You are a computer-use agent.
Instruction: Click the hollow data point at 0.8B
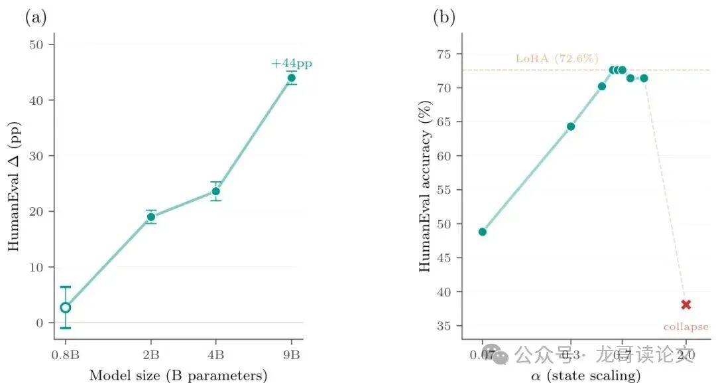pos(65,307)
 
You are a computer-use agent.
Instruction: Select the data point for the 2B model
pos(151,216)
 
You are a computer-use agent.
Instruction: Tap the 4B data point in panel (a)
pos(215,191)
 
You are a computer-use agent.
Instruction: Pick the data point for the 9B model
pos(291,78)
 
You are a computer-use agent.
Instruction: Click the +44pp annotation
pos(291,64)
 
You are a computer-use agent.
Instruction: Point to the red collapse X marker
pos(686,305)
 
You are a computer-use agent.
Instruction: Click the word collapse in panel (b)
pos(686,327)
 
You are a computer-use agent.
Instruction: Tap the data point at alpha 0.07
pos(483,232)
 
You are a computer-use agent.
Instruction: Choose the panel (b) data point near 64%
pos(570,126)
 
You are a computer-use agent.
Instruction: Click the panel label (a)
pos(36,18)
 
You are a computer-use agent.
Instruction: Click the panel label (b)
pos(444,18)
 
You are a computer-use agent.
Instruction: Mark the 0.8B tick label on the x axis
pos(65,354)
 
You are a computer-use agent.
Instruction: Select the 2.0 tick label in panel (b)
pos(686,354)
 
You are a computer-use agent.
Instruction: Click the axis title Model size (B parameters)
pos(178,376)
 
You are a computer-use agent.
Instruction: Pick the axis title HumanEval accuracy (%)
pos(426,192)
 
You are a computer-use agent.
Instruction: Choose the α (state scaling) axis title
pos(585,376)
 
